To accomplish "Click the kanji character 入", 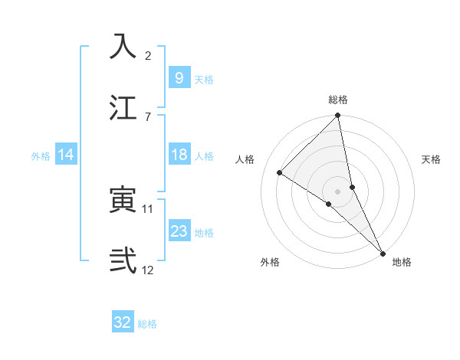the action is [x=123, y=47].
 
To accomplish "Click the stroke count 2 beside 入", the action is [x=148, y=56].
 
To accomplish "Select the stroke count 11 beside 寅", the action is [x=149, y=208].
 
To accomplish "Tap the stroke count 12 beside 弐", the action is [x=149, y=269].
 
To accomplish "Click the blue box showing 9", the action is [x=179, y=77].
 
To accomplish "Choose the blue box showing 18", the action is [x=179, y=155].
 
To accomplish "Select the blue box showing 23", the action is [x=179, y=231].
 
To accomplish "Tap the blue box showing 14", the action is [x=66, y=155].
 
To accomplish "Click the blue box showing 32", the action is [x=123, y=322].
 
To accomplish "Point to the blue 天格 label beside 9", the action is [x=204, y=80].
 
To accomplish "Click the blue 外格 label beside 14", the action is [x=41, y=156].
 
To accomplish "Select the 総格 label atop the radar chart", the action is [x=338, y=100].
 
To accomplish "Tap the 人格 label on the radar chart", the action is [x=245, y=159].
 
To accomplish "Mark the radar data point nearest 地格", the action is [x=383, y=254].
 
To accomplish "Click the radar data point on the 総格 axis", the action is [x=338, y=116].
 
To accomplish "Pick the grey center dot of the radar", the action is [x=338, y=190].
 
